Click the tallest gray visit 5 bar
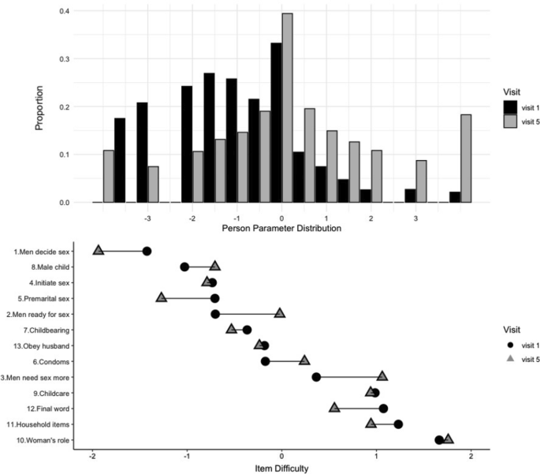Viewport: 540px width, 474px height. pyautogui.click(x=287, y=108)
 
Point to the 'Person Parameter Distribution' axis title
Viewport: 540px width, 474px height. pyautogui.click(x=281, y=229)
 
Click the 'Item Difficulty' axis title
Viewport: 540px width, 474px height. pyautogui.click(x=281, y=468)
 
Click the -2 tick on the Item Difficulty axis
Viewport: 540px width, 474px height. pyautogui.click(x=93, y=457)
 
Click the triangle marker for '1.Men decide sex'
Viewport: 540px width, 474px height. pyautogui.click(x=99, y=250)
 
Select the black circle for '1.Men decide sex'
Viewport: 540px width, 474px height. pyautogui.click(x=147, y=251)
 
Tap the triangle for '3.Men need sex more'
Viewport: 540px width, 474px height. pyautogui.click(x=382, y=376)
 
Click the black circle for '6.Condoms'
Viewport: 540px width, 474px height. pyautogui.click(x=266, y=361)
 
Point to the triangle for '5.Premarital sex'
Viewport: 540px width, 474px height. pyautogui.click(x=162, y=297)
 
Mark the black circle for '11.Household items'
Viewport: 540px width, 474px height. pyautogui.click(x=399, y=424)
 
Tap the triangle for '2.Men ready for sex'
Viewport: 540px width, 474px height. pyautogui.click(x=280, y=313)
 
